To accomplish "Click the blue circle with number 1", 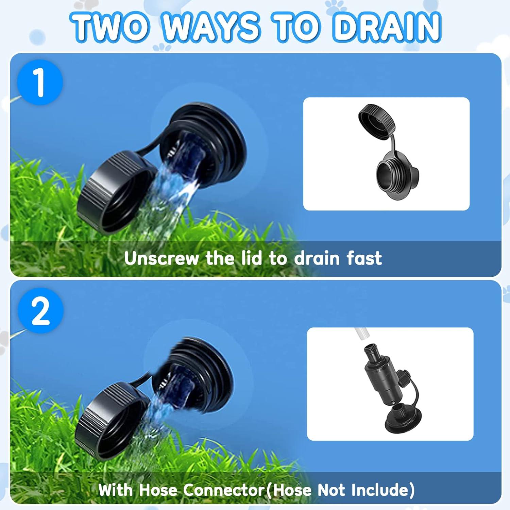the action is pos(40,82).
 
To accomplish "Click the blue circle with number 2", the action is pos(40,310).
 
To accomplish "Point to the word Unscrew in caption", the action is pos(161,258).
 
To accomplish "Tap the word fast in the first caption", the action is pos(364,258).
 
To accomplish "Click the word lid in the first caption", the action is pos(252,258).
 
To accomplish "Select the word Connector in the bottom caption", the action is pos(224,490).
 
